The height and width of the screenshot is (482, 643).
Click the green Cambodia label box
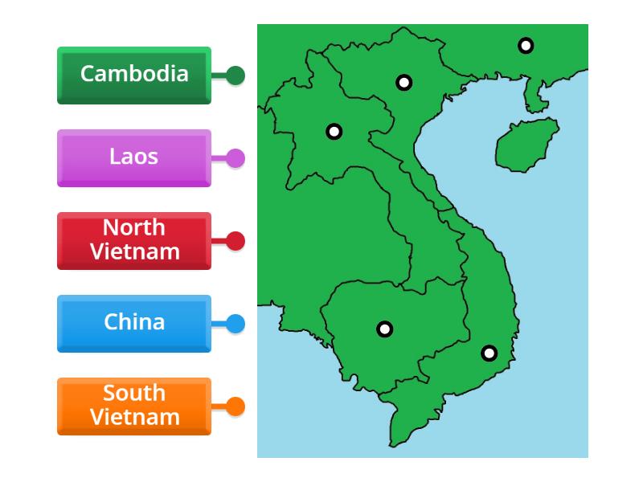click(134, 75)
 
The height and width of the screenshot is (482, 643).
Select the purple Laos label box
click(134, 157)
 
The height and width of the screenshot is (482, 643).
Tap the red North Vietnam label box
click(134, 240)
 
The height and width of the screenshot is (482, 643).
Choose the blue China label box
click(134, 323)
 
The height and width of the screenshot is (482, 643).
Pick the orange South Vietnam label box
click(134, 406)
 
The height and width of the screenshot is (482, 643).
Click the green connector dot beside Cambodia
click(235, 76)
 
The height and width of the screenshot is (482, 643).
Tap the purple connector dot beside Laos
click(235, 158)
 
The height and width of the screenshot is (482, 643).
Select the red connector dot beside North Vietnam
click(235, 241)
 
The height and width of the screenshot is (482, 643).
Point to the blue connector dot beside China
click(235, 324)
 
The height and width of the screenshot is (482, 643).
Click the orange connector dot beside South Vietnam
click(235, 406)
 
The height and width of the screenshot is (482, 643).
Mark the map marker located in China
click(525, 46)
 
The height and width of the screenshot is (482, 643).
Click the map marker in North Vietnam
click(403, 82)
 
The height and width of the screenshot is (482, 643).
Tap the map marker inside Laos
click(334, 132)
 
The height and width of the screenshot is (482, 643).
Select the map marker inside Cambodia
click(385, 329)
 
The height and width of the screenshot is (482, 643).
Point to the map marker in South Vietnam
click(489, 353)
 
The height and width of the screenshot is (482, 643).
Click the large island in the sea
click(526, 145)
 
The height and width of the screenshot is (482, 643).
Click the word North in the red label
click(134, 228)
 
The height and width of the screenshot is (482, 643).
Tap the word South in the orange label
click(134, 394)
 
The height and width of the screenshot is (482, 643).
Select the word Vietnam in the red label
click(134, 251)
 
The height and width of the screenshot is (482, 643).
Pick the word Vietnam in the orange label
click(134, 417)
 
